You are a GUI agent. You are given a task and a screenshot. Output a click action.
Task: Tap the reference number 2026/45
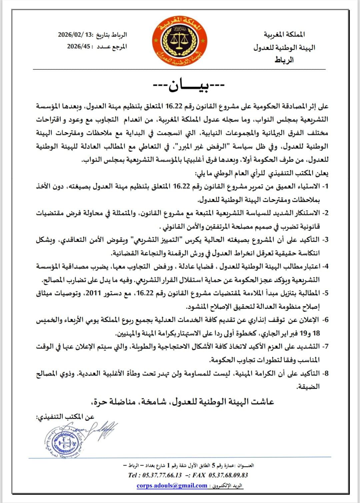pyautogui.click(x=78, y=47)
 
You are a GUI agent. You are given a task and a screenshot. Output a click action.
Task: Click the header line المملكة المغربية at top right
pyautogui.click(x=284, y=34)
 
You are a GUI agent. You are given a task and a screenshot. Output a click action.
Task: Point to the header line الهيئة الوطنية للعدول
pyautogui.click(x=284, y=47)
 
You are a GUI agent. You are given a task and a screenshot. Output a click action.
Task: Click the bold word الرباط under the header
pyautogui.click(x=284, y=60)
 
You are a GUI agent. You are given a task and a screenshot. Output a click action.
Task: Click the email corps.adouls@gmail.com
pyautogui.click(x=172, y=485)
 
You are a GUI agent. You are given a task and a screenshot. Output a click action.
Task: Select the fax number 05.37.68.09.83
pyautogui.click(x=228, y=475)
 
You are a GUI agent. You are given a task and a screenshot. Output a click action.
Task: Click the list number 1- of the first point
pyautogui.click(x=325, y=186)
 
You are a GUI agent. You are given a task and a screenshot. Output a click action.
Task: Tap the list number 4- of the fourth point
pyautogui.click(x=325, y=266)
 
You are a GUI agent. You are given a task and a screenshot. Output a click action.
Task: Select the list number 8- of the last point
pyautogui.click(x=325, y=373)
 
